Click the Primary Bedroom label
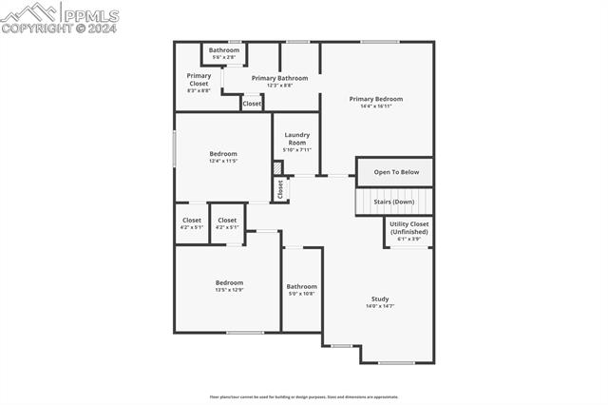[375, 99]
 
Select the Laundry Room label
[297, 139]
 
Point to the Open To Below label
[395, 172]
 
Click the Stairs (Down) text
[393, 202]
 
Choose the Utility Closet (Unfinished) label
[409, 228]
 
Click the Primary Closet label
[199, 79]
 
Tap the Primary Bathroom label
[272, 78]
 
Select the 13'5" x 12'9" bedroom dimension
[229, 290]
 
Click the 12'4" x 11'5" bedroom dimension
[223, 161]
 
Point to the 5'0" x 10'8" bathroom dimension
[302, 294]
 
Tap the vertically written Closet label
[280, 189]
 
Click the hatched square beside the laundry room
[277, 168]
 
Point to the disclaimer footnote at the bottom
[304, 396]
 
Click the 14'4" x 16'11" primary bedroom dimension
[375, 106]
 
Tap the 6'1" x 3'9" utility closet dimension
[409, 239]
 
